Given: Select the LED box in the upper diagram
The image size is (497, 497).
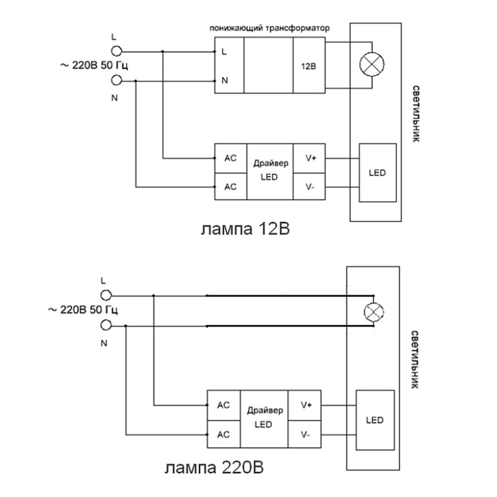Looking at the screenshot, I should [378, 172].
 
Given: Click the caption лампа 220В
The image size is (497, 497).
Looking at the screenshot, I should [217, 466].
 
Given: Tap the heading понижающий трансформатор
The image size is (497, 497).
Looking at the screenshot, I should [268, 29].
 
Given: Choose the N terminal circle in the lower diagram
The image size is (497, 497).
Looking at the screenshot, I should [106, 324].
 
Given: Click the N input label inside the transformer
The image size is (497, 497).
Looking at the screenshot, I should [224, 81].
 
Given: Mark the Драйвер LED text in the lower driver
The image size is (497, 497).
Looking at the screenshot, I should [264, 418].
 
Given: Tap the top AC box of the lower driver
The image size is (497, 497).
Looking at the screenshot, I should [224, 405].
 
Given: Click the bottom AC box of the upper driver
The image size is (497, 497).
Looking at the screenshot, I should [230, 186].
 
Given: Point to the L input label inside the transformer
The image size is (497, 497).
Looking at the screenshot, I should [224, 52].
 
